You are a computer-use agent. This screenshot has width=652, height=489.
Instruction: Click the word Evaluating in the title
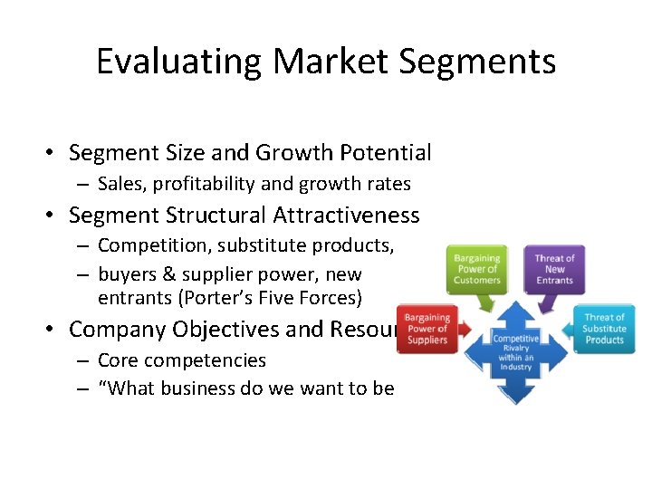[x=178, y=62]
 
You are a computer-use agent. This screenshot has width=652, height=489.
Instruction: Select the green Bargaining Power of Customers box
[x=477, y=269]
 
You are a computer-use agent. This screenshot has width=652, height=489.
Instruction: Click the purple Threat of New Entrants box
[x=554, y=269]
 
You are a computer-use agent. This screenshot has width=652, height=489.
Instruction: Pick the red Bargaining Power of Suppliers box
[x=427, y=328]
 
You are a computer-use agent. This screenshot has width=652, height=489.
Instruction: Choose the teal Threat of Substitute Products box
[x=604, y=328]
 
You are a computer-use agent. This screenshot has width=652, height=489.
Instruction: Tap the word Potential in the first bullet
[x=387, y=152]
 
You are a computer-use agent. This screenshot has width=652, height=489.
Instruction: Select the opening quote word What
[x=129, y=388]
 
